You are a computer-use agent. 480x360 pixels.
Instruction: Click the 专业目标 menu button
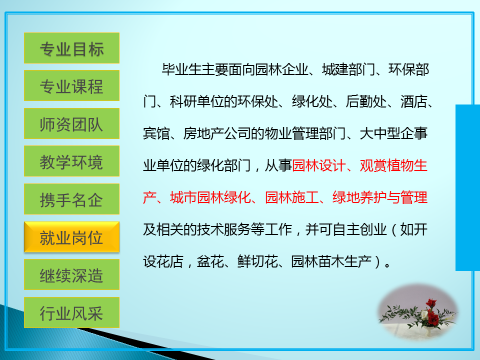[71, 48]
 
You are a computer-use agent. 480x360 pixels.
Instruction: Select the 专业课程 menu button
[71, 85]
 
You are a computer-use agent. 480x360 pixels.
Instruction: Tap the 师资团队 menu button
[71, 123]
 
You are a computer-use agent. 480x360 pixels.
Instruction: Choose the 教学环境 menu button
[71, 161]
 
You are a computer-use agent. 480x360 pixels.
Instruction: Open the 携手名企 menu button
[71, 199]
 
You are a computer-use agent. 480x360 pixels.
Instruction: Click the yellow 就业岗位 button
[71, 237]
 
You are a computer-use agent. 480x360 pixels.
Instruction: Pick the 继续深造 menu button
[71, 274]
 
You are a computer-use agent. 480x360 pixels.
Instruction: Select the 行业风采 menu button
[71, 312]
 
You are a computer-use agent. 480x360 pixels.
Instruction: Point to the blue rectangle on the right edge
[468, 187]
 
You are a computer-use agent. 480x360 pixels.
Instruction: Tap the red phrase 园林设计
[318, 165]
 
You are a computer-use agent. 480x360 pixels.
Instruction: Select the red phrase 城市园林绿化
[210, 197]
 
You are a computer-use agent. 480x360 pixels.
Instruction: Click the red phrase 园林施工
[291, 197]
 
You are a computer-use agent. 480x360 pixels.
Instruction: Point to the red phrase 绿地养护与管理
[380, 197]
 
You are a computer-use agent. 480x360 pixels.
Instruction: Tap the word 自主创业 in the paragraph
[359, 229]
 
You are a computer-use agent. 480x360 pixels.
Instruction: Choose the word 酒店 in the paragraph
[414, 101]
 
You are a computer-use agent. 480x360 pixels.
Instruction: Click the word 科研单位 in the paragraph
[196, 101]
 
